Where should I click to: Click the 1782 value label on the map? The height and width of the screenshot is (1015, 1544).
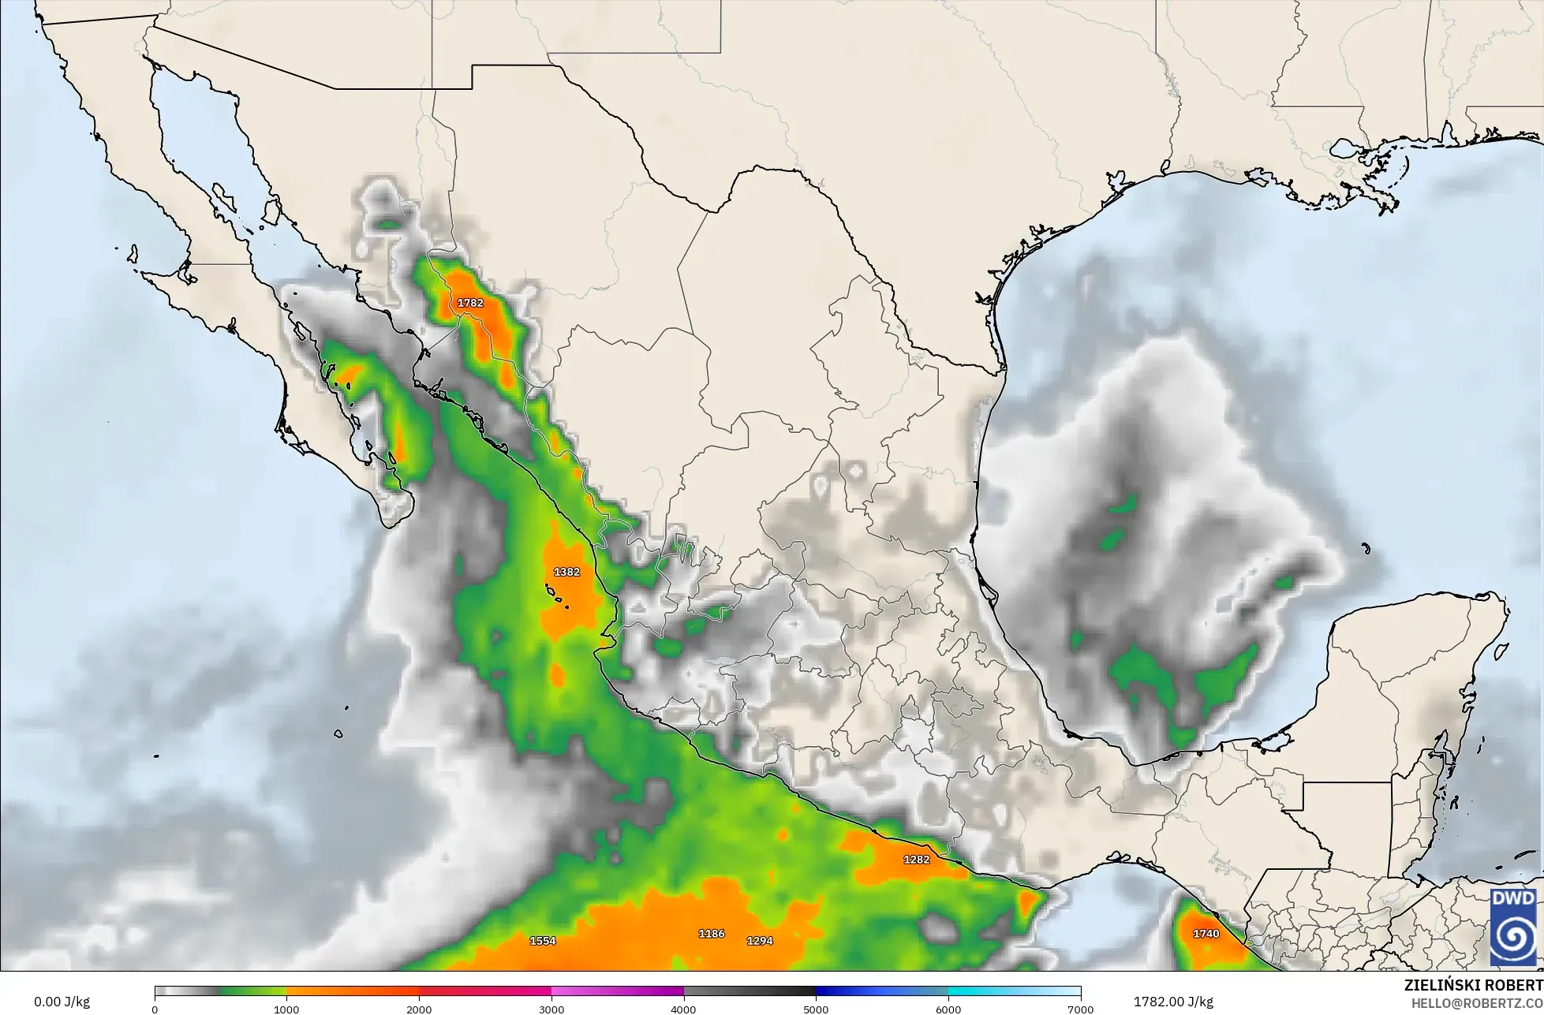[x=470, y=303]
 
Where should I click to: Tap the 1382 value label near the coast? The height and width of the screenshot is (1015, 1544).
[x=566, y=572]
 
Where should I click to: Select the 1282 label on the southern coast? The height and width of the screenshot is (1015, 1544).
[x=916, y=860]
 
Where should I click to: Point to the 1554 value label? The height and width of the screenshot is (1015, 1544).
[x=542, y=941]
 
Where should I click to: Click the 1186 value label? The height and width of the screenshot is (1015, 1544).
[x=711, y=934]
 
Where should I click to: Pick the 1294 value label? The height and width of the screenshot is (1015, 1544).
[x=759, y=941]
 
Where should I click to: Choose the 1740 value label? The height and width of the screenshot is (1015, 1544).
[x=1206, y=934]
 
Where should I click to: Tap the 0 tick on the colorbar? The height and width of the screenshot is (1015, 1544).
[x=155, y=1009]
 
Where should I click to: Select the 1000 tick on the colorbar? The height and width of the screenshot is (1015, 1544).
[x=286, y=1009]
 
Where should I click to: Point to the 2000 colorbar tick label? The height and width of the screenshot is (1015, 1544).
[x=419, y=1009]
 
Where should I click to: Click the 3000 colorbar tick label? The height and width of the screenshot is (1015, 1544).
[x=551, y=1009]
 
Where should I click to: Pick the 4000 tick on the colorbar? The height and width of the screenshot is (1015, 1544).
[x=684, y=1009]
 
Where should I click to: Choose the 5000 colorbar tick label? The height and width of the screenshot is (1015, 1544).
[x=816, y=1009]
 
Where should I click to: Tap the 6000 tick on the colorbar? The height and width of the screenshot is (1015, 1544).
[x=948, y=1009]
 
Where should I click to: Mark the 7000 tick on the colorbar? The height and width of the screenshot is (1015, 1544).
[x=1080, y=1009]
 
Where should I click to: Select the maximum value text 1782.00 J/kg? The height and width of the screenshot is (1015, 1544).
[x=1173, y=1002]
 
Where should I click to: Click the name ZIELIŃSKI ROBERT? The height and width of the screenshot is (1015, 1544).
[x=1473, y=986]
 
